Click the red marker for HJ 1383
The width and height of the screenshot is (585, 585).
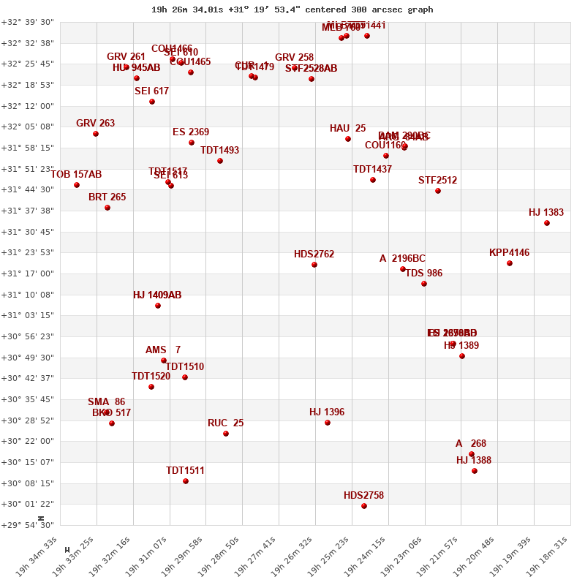coord(547,223)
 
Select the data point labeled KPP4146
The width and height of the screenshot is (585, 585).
coord(510,263)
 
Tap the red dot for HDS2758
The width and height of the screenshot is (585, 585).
coord(364,506)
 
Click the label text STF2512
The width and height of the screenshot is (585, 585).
coord(437,181)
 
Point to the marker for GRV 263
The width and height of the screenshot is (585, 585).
coord(96,134)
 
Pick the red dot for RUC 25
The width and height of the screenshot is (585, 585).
coord(226,434)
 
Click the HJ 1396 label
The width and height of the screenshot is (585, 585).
coord(326,412)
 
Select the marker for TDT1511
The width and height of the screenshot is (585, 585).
coord(186,481)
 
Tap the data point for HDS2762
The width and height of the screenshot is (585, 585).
coord(314,265)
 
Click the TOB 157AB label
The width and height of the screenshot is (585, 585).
coord(76,175)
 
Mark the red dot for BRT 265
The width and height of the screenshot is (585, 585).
coord(107,208)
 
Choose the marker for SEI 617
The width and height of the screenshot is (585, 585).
coord(152,102)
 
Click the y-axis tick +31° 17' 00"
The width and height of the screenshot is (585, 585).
coord(28,273)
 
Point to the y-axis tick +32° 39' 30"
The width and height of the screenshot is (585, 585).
coord(28,22)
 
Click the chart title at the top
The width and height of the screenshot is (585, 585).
coord(292,10)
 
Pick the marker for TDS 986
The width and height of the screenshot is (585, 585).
coord(424,284)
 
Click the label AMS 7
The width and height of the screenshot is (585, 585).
coord(162,350)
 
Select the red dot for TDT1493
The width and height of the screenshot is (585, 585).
coord(220,161)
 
